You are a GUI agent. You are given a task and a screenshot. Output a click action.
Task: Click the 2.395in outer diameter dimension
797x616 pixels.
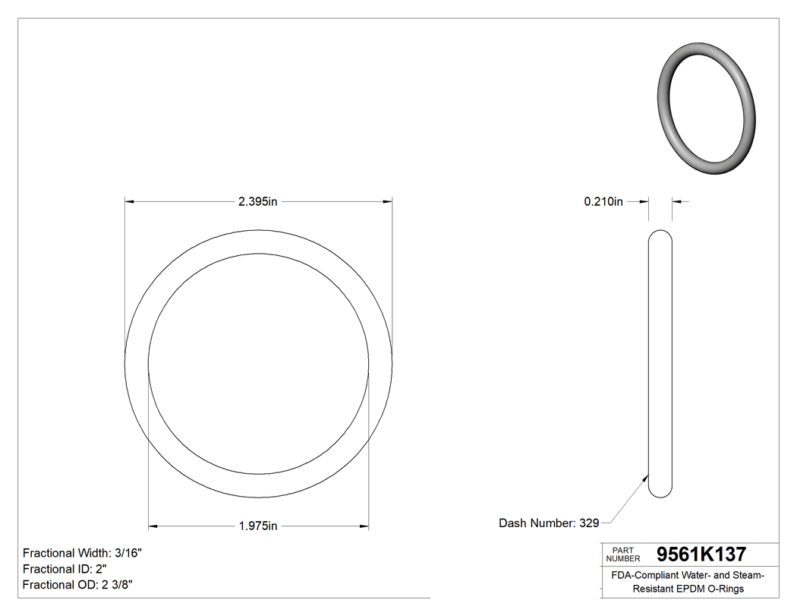click(x=258, y=201)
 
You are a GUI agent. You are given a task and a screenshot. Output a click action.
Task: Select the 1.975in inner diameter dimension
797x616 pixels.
click(x=258, y=526)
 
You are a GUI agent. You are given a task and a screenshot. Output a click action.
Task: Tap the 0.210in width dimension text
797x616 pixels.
click(x=603, y=201)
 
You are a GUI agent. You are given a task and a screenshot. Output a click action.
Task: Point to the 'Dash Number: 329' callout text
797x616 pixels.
click(x=549, y=523)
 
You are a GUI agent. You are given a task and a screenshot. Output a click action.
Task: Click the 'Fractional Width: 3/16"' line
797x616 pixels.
click(x=82, y=553)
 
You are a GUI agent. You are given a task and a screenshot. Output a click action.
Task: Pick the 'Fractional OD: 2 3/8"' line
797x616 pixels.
click(x=79, y=585)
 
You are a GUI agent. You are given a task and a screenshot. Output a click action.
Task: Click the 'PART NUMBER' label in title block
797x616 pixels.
click(x=623, y=554)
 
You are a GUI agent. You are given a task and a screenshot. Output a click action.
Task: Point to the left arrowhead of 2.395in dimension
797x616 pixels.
click(x=130, y=201)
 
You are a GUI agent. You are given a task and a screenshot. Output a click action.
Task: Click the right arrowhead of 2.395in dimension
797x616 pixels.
click(x=387, y=201)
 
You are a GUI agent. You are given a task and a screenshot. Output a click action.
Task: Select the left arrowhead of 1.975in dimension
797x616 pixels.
click(x=153, y=526)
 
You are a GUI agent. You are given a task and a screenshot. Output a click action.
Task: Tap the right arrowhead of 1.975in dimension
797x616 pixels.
click(x=364, y=526)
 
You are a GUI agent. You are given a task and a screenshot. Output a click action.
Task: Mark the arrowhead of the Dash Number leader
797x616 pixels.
click(x=646, y=479)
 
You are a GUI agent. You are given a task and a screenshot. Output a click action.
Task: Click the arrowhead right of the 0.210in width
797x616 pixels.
click(x=677, y=201)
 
